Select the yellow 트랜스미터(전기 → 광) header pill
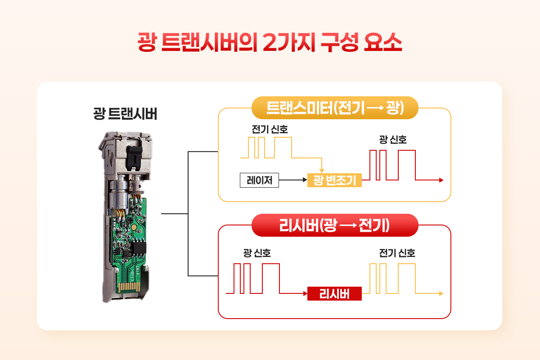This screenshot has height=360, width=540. [335, 108]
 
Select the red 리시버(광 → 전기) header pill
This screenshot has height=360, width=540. [335, 225]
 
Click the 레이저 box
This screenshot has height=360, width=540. [259, 180]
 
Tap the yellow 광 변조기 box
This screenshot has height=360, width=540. [334, 180]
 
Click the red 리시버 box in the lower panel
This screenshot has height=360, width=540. [334, 294]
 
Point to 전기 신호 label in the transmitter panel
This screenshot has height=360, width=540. [270, 129]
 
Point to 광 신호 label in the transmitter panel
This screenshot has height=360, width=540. [393, 140]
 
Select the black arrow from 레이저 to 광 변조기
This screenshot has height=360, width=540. [292, 180]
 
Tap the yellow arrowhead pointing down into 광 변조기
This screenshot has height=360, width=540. [321, 170]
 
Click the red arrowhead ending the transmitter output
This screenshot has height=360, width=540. [441, 180]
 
